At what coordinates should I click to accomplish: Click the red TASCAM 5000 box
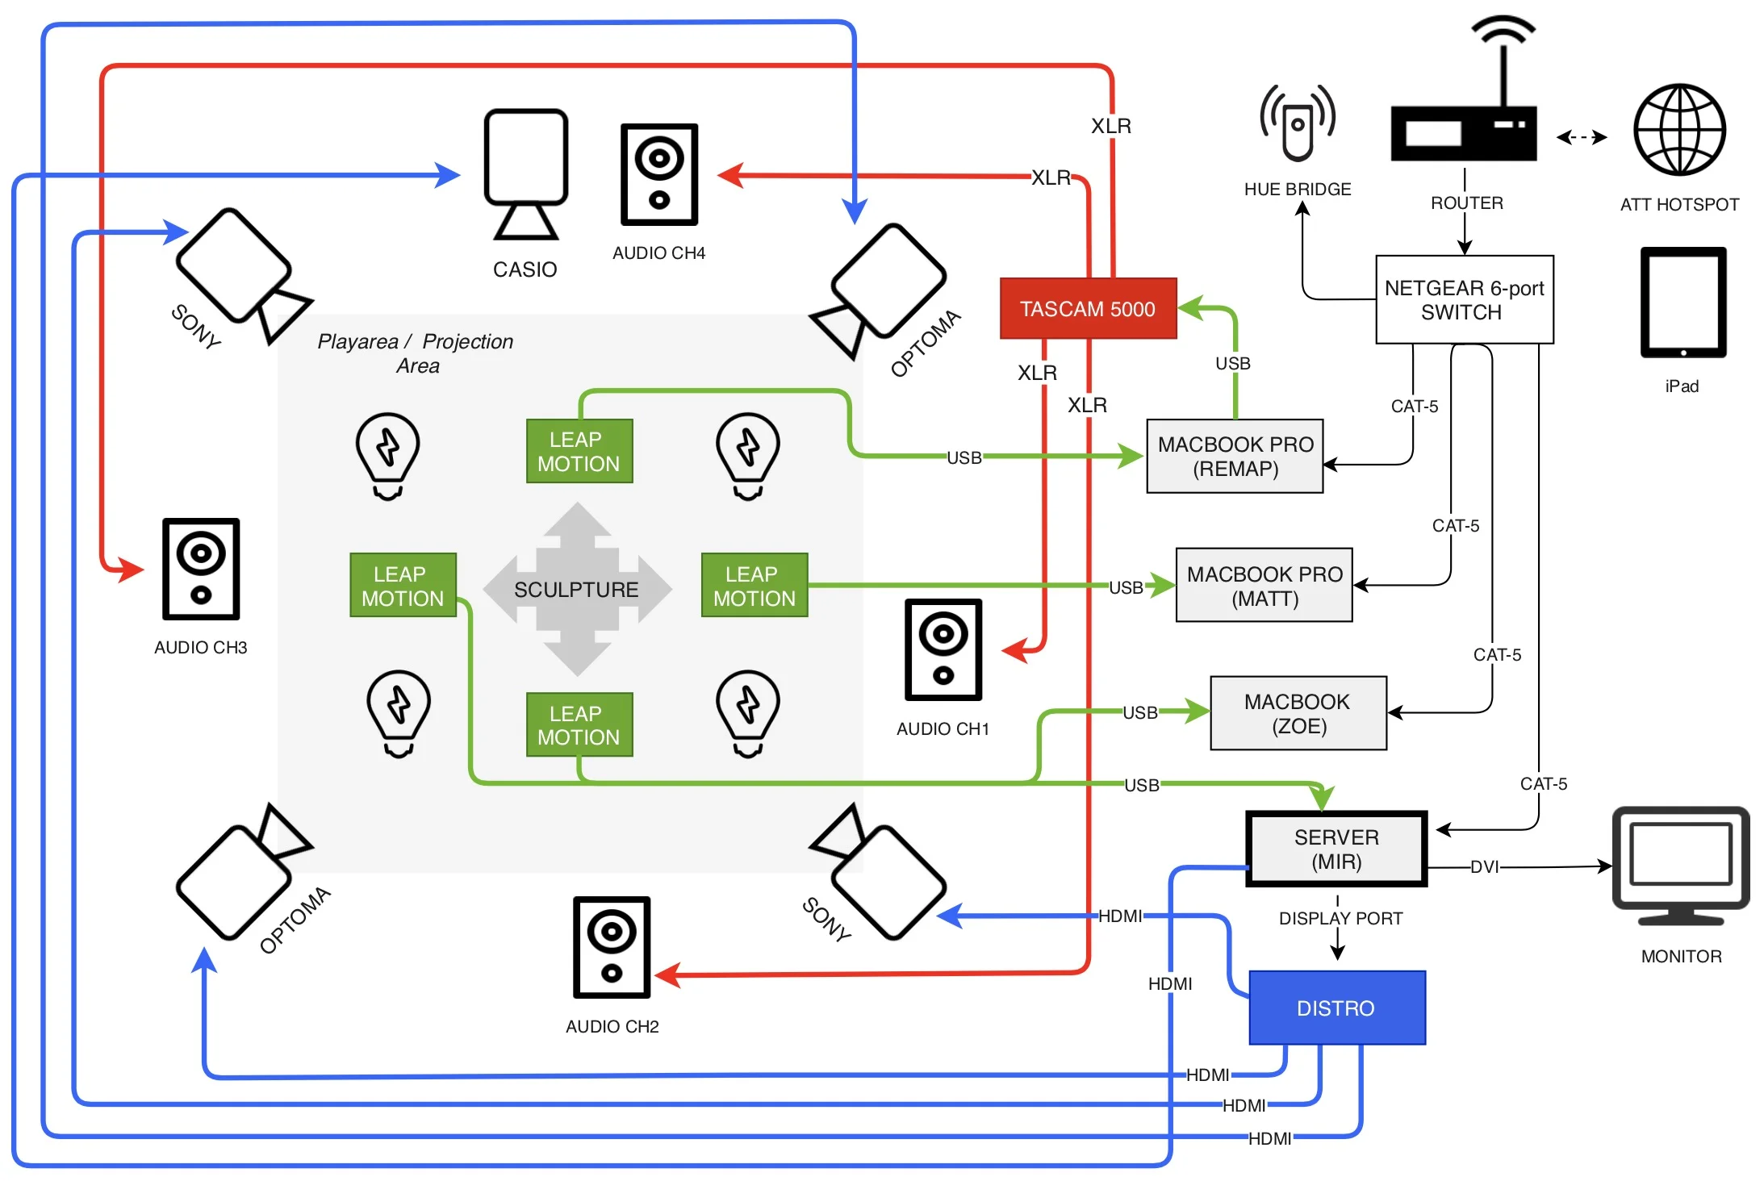(x=1087, y=308)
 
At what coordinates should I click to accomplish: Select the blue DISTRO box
(x=1336, y=1008)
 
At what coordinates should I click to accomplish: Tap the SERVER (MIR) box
(x=1336, y=849)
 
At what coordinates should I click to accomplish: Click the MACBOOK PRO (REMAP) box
(x=1235, y=456)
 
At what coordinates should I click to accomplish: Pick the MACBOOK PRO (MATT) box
(x=1264, y=586)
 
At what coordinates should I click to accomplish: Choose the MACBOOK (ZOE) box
(x=1298, y=713)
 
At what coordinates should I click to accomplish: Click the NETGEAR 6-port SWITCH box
(x=1464, y=299)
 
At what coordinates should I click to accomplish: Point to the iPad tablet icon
(x=1683, y=303)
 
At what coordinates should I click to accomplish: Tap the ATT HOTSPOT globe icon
(x=1679, y=130)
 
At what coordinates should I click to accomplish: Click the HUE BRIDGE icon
(x=1298, y=123)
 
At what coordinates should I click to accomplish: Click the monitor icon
(x=1680, y=865)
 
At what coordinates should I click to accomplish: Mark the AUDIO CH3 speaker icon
(x=201, y=569)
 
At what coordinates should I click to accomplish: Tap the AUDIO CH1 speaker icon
(x=943, y=649)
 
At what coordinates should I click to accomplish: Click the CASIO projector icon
(x=525, y=173)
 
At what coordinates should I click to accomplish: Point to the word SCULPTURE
(x=576, y=590)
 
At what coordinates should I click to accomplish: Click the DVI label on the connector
(x=1483, y=867)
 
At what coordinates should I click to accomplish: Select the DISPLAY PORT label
(x=1340, y=918)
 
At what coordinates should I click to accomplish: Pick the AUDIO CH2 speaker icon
(x=612, y=947)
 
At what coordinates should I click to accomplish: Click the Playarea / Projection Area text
(x=416, y=353)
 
